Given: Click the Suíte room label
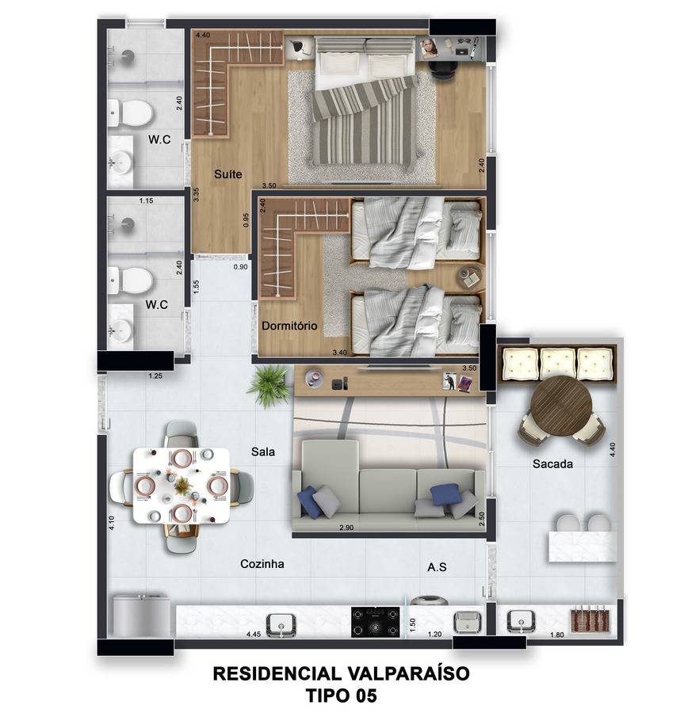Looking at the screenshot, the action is pos(228,174).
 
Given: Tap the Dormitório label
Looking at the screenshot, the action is pos(289,326).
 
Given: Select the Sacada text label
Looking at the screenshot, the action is pos(552,463).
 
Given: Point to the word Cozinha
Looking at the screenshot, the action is pos(262,564).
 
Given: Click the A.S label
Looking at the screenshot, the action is pos(437,567).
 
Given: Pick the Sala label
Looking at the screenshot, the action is pos(263,452).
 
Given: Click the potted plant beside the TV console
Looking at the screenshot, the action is pos(269,385).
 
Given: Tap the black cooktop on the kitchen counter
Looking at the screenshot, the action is pos(376,622).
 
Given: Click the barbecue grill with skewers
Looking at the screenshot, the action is pos(591,620).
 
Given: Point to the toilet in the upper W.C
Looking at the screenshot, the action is pos(130,113).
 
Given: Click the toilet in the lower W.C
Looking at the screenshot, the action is pos(130,280).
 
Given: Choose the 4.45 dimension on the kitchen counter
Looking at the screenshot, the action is pos(254,634).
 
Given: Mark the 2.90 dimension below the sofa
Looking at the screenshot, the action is pos(346,528).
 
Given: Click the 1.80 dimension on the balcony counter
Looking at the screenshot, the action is pos(557,635).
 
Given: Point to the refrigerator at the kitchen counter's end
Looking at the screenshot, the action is pos(141,616).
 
